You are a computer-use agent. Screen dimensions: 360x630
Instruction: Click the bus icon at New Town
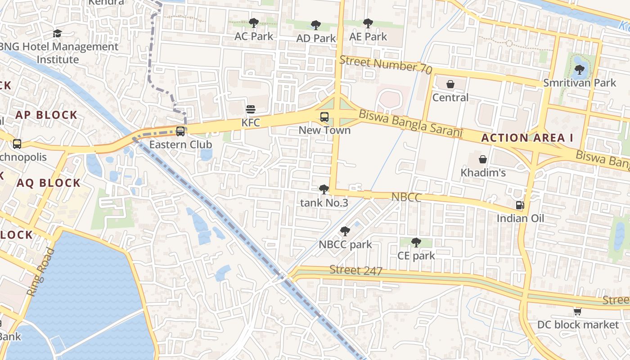[x=324, y=117]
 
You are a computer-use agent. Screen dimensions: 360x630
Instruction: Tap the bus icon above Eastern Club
[x=180, y=131]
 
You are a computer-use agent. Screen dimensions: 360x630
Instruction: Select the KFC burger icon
[x=251, y=109]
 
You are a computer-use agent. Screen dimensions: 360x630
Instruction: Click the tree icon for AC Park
[x=253, y=22]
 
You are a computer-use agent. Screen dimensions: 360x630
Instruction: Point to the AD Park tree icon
[x=316, y=25]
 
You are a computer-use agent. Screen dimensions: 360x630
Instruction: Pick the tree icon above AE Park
[x=368, y=23]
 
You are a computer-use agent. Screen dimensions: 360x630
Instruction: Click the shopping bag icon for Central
[x=450, y=84]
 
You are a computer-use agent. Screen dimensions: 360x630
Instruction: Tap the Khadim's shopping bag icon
[x=482, y=159]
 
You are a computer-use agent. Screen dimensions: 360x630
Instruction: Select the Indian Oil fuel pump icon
[x=520, y=205]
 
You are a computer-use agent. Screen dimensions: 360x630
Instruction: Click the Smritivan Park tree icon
[x=579, y=70]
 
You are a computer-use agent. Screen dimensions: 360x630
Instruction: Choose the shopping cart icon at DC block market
[x=578, y=311]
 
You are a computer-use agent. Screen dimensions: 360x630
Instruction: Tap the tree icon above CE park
[x=416, y=243]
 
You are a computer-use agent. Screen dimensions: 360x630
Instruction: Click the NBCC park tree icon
[x=345, y=231]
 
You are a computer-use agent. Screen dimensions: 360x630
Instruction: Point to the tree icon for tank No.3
[x=324, y=189]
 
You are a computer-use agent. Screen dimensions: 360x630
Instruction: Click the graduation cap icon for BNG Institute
[x=57, y=33]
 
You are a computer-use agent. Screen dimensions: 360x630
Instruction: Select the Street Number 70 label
[x=386, y=65]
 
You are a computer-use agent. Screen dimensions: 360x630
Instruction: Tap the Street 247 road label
[x=356, y=270]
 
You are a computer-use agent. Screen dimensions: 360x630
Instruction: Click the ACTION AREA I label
[x=527, y=138]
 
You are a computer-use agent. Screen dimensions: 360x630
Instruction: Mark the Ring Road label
[x=40, y=272]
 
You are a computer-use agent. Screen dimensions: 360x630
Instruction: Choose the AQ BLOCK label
[x=49, y=183]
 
